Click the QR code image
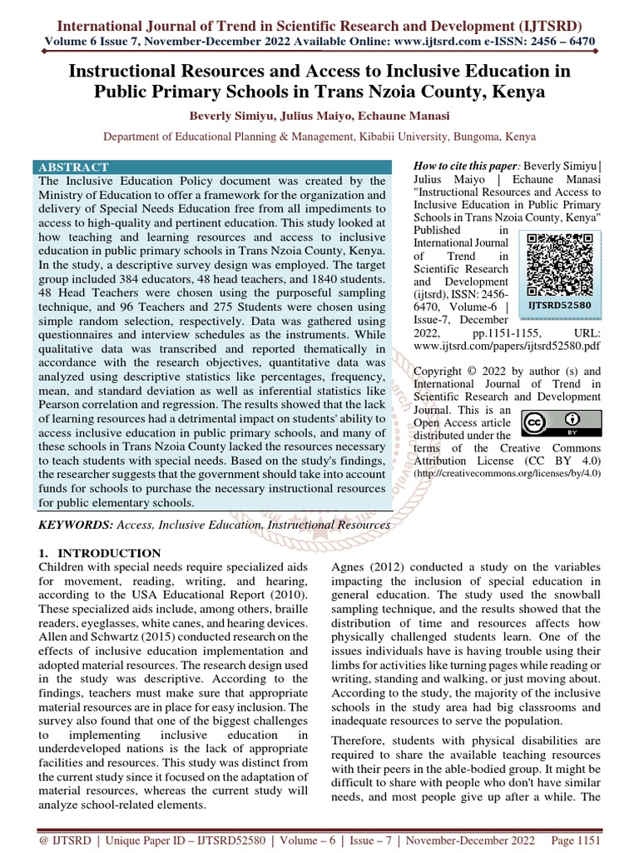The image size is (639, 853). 559,264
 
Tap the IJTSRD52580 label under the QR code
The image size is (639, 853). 559,305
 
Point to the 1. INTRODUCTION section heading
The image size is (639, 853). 100,553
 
